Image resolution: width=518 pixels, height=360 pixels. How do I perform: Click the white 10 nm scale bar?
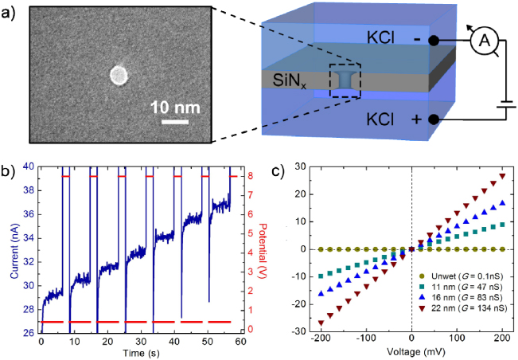174,122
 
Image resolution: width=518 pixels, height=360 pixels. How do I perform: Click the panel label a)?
10,12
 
